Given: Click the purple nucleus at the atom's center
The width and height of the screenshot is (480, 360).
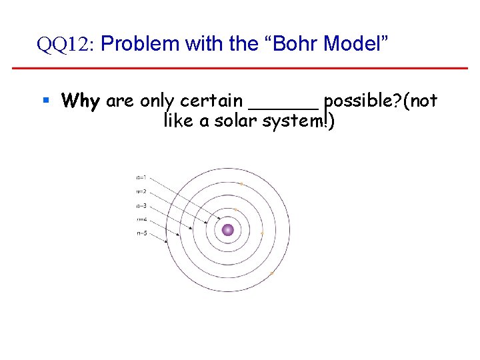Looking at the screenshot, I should point(228,230).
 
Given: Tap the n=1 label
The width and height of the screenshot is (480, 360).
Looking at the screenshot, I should point(141,178).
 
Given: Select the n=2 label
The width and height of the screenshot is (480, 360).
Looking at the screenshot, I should point(141,191).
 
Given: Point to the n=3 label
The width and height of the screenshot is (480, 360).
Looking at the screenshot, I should point(141,205).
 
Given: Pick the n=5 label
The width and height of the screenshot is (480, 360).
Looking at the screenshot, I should point(141,233).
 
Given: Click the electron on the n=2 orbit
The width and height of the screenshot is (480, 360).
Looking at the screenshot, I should point(235,210).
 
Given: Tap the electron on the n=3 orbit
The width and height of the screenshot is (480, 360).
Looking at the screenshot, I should point(262,233).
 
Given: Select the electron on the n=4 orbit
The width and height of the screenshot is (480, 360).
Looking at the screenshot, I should point(241,184).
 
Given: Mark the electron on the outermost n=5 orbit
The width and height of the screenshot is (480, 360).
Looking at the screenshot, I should point(272,273).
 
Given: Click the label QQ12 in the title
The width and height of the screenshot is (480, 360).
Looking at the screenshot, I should point(67,45).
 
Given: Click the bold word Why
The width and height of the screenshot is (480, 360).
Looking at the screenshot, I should point(80,101).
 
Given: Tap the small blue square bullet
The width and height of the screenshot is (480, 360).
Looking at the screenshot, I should point(46,101).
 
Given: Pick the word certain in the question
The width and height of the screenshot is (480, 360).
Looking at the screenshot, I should point(212,101).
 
